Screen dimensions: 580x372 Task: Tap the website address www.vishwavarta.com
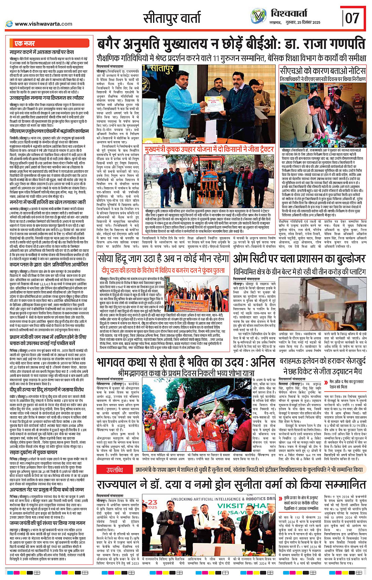coord(43,24)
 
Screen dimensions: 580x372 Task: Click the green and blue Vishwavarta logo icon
coord(258,16)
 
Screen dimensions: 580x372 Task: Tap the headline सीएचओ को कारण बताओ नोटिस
coord(322,71)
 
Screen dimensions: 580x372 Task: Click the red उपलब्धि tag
coord(115,469)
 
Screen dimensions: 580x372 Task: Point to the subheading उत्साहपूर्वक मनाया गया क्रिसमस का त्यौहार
coord(47,98)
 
